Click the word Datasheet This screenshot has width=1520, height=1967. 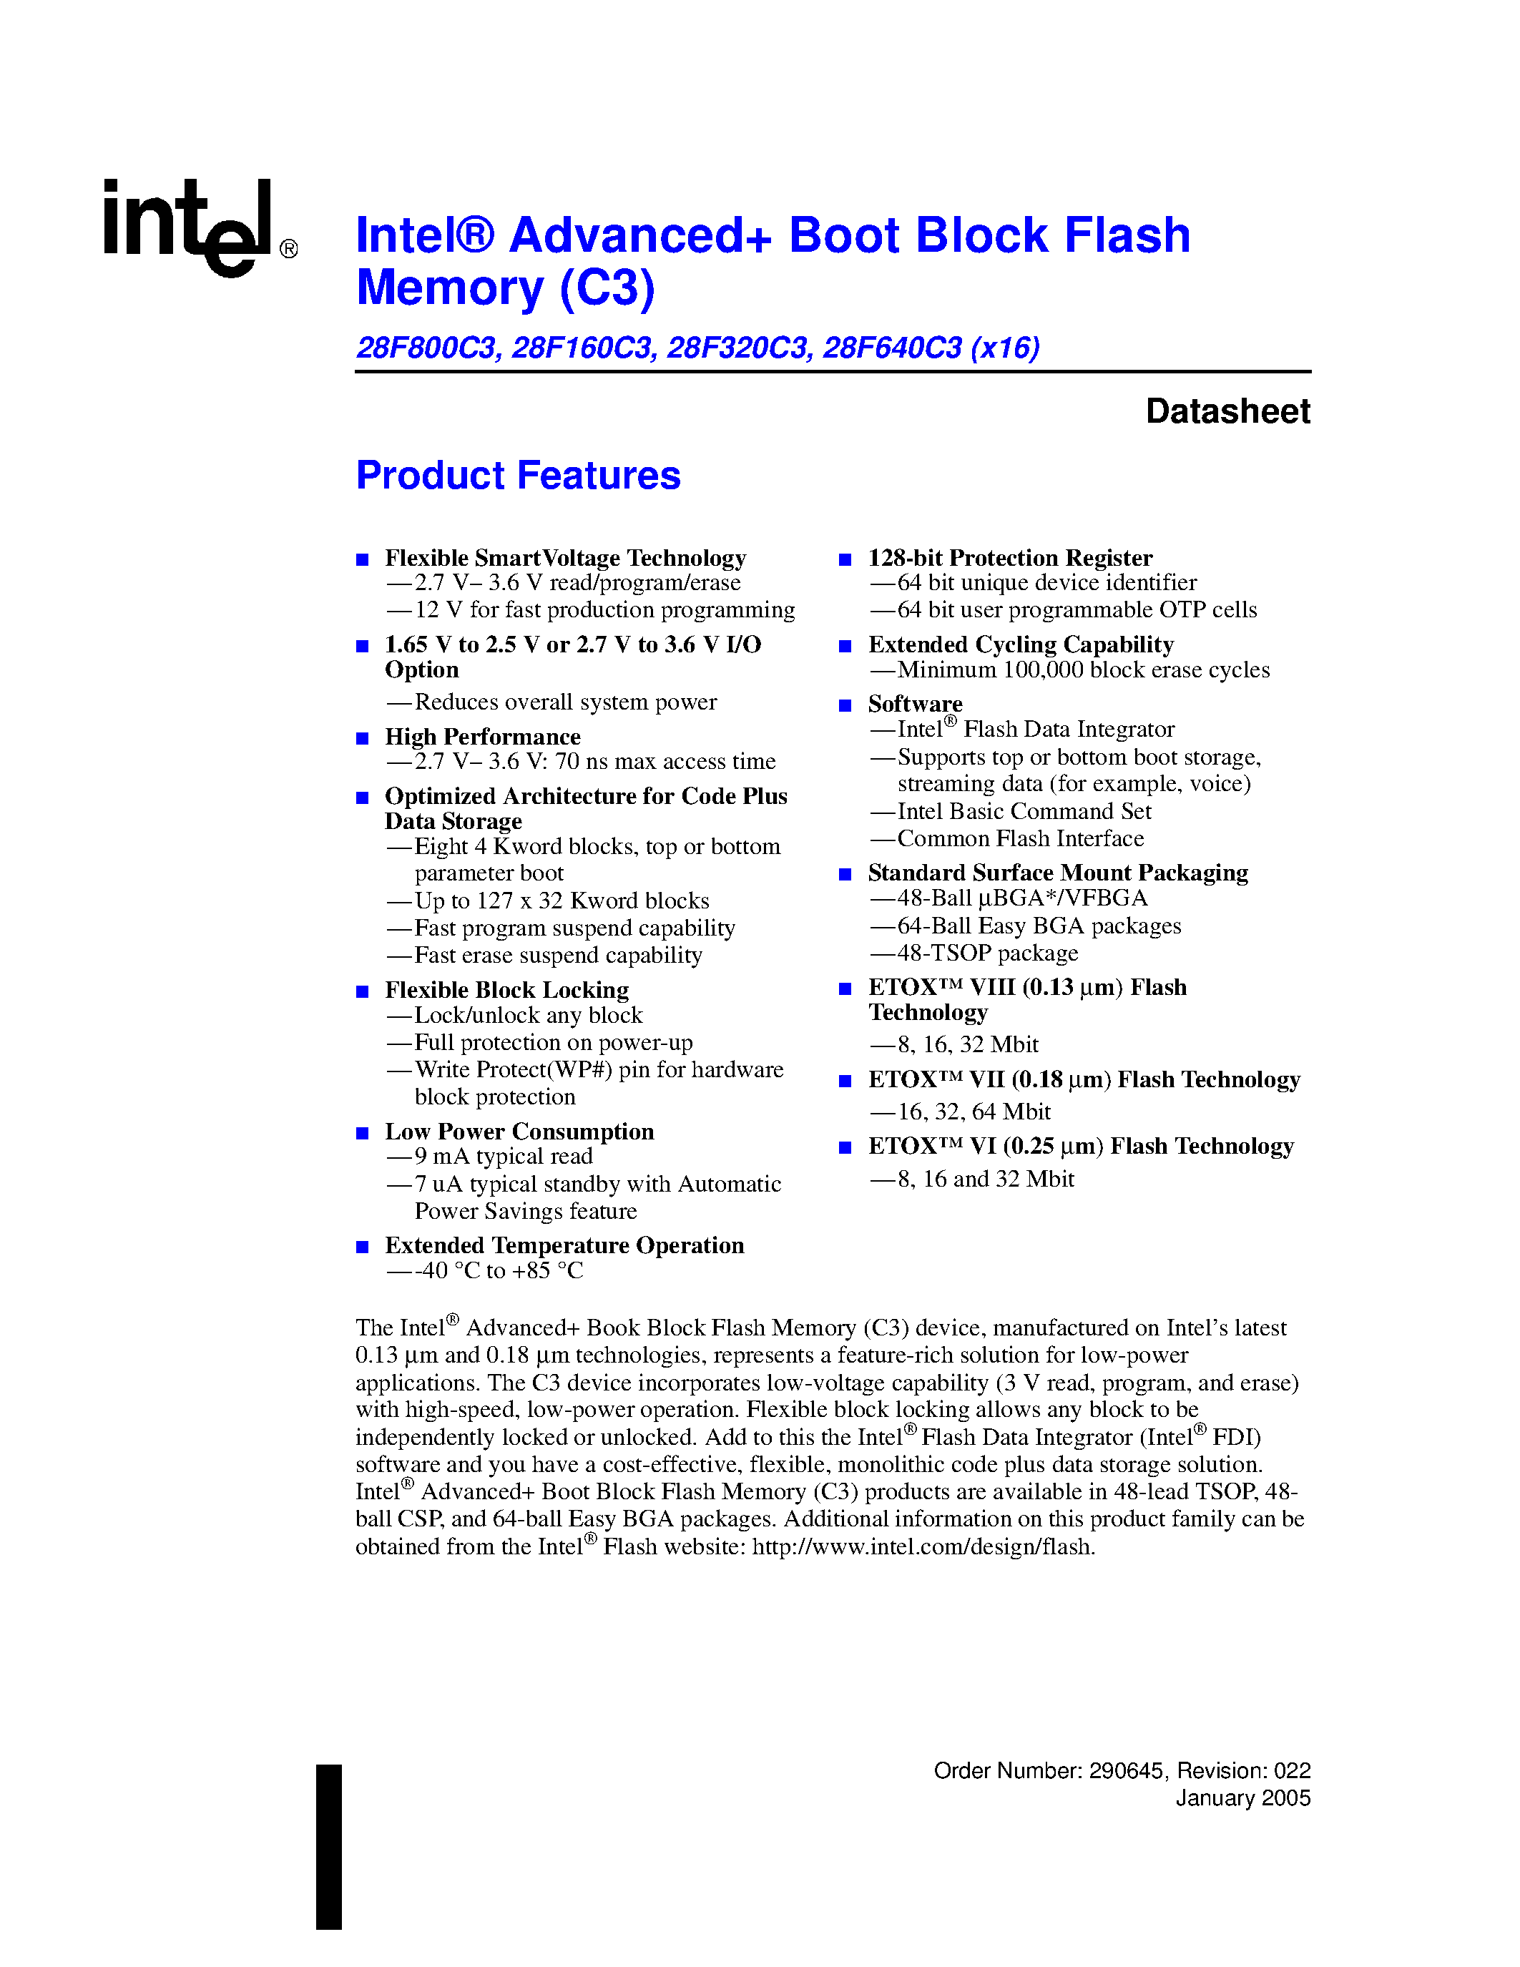(1227, 411)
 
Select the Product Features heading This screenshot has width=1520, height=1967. (518, 476)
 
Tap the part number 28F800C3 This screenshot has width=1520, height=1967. (427, 348)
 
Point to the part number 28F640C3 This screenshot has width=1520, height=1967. (891, 348)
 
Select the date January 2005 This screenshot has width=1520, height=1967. (1242, 1797)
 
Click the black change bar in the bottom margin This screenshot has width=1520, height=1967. (328, 1846)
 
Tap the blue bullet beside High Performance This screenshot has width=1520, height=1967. (363, 739)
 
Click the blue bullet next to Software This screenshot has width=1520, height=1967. (845, 705)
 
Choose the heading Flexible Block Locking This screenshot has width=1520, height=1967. (507, 990)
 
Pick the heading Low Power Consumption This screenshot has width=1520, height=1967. (519, 1132)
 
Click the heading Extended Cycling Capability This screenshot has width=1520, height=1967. (1020, 645)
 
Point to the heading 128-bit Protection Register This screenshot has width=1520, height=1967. (1009, 559)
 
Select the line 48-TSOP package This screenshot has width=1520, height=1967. (987, 953)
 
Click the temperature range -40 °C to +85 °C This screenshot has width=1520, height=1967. (499, 1271)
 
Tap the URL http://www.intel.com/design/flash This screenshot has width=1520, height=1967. (922, 1546)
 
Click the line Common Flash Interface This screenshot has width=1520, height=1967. (1020, 838)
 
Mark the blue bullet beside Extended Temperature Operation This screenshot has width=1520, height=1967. (363, 1247)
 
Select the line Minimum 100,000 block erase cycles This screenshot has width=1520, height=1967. (1083, 670)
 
